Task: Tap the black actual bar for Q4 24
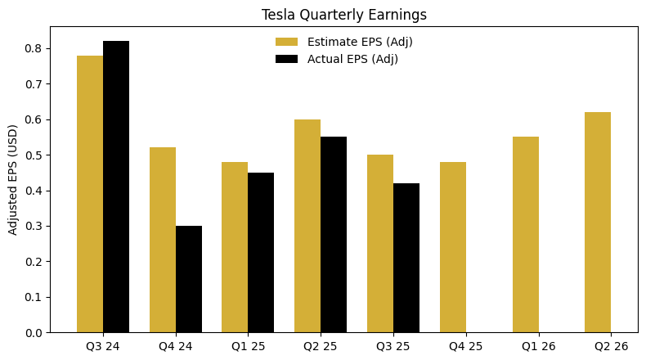point(189,279)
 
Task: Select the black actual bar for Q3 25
point(406,258)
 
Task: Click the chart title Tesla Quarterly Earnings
point(343,15)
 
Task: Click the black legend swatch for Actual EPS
point(287,59)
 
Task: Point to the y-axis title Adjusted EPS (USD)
point(12,179)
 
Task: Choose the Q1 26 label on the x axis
point(539,346)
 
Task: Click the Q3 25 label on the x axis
point(393,346)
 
